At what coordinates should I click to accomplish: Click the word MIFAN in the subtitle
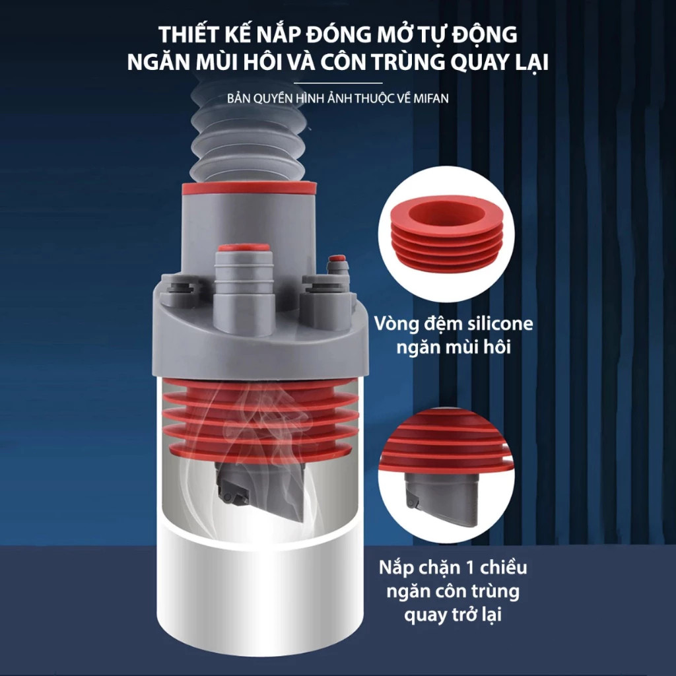point(430,98)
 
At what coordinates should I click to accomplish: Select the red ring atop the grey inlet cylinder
point(249,188)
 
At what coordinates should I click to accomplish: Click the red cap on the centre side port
point(244,248)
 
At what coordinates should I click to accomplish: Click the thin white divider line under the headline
point(338,83)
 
